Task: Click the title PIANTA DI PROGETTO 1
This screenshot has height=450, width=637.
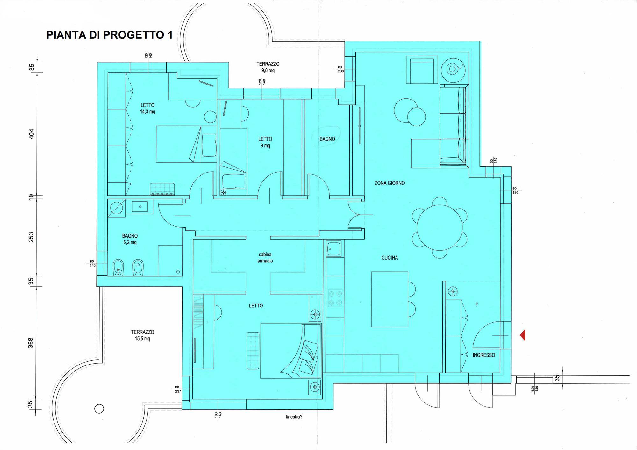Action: pos(110,35)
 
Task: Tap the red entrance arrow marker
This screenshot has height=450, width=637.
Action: pos(522,335)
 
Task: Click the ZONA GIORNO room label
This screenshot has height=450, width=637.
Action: pos(390,183)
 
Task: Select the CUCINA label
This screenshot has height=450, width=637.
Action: pos(390,258)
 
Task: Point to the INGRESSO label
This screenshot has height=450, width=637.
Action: pos(484,355)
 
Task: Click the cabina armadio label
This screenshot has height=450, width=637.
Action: pos(265,257)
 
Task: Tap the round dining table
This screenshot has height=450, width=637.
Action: pos(440,227)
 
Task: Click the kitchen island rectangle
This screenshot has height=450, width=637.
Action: pos(390,299)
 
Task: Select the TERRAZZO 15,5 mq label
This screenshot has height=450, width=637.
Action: pos(142,335)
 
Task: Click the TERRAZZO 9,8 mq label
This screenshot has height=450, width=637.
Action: pos(268,67)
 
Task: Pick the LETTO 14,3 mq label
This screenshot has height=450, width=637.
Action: pos(147,108)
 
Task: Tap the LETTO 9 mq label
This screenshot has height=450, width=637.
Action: pos(265,142)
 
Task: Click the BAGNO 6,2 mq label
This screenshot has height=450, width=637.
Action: pos(130,239)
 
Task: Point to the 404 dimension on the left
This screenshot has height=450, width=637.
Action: pos(31,134)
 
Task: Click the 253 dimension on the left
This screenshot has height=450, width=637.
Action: pos(31,237)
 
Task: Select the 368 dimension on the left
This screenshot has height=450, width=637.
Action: pos(31,343)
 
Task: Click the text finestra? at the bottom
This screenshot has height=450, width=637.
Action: pos(294,417)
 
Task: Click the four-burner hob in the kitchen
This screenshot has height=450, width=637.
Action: pos(335,298)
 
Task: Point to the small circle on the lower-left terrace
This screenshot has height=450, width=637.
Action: pos(99,409)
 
